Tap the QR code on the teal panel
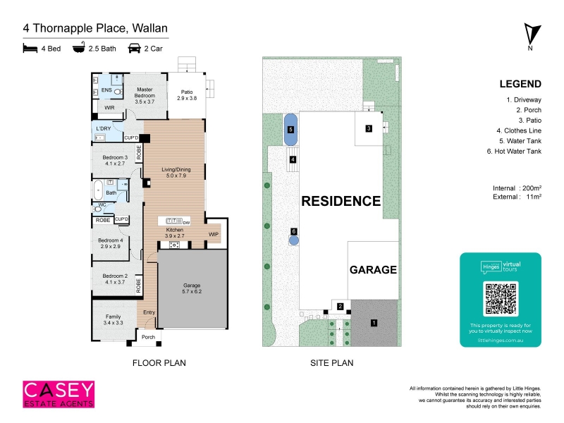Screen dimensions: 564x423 click(501, 298)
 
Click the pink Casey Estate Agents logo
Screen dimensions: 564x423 click(59, 395)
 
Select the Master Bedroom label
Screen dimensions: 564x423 click(145, 95)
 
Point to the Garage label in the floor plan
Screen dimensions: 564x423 click(192, 288)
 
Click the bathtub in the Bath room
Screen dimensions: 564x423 click(98, 190)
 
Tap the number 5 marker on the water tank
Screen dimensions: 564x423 click(291, 130)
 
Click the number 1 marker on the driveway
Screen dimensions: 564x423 click(374, 323)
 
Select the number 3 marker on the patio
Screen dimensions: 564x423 click(369, 128)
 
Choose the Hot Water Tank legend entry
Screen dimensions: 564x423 click(514, 152)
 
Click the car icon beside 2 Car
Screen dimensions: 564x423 click(134, 48)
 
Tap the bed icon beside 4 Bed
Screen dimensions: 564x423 click(30, 48)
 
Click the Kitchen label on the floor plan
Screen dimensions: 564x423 click(174, 233)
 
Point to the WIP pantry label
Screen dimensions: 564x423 click(214, 234)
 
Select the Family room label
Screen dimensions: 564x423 click(114, 319)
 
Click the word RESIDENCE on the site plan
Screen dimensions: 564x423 click(341, 201)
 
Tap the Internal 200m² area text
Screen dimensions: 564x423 click(517, 188)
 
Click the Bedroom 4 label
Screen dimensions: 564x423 click(111, 243)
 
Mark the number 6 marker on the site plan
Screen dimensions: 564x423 click(294, 231)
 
